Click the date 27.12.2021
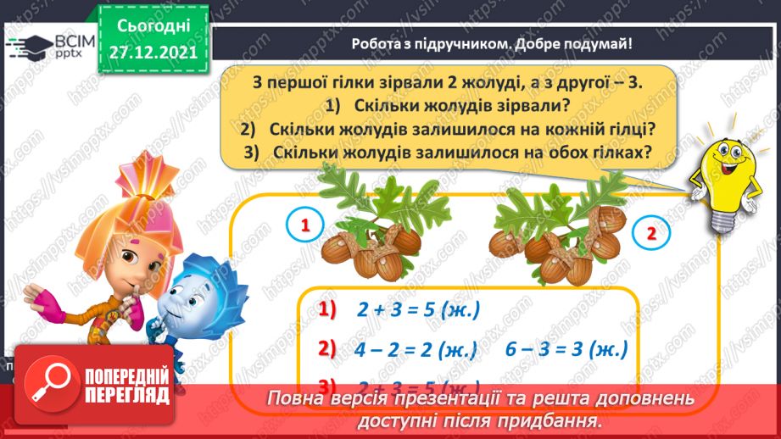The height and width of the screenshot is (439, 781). pos(153,52)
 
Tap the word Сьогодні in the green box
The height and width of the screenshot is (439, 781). pos(153,26)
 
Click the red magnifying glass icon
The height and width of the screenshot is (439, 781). pos(48,382)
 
